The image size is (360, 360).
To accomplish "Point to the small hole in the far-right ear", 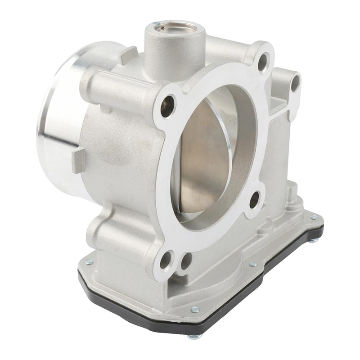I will point(295,83).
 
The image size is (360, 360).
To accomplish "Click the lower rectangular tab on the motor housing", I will point(78,160).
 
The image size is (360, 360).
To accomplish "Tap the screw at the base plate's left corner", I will point(89,261).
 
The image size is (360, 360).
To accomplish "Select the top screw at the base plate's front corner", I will point(194,309).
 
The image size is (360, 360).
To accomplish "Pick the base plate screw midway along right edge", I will point(253,264).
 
